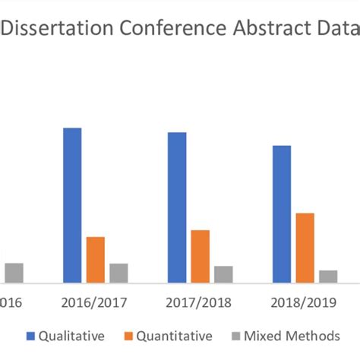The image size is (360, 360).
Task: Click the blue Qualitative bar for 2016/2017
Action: click(72, 206)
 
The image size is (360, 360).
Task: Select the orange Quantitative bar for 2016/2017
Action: click(96, 260)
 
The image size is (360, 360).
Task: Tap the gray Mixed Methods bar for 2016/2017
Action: click(118, 273)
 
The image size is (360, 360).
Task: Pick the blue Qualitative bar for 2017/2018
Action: click(177, 208)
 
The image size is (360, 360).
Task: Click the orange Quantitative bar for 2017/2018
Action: click(201, 257)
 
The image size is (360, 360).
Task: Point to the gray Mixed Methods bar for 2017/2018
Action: click(223, 274)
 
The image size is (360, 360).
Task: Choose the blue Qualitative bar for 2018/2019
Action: click(282, 214)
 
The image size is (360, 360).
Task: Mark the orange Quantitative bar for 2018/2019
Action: click(305, 248)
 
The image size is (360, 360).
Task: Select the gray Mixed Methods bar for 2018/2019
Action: click(328, 276)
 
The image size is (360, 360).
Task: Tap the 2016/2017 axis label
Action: click(95, 302)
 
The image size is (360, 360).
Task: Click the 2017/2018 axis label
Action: click(200, 302)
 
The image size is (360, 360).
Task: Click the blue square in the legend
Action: click(30, 336)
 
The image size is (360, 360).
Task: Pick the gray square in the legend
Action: click(235, 336)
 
